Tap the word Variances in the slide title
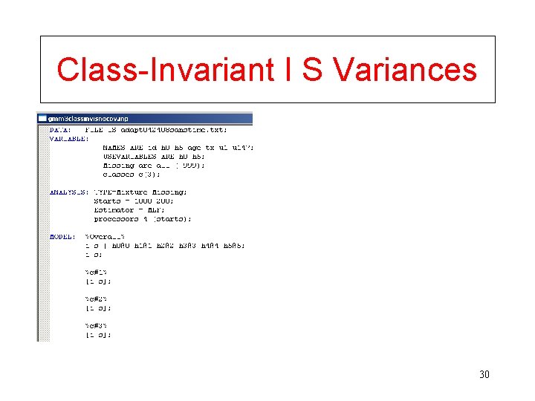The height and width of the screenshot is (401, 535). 405,70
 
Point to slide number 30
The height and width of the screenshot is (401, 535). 484,374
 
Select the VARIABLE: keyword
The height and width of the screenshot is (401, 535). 68,138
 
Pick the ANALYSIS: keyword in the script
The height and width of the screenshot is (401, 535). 68,192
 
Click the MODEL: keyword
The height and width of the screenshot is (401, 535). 62,236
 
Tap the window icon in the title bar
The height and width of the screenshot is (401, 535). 42,118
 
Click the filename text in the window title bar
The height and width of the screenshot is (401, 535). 83,118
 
